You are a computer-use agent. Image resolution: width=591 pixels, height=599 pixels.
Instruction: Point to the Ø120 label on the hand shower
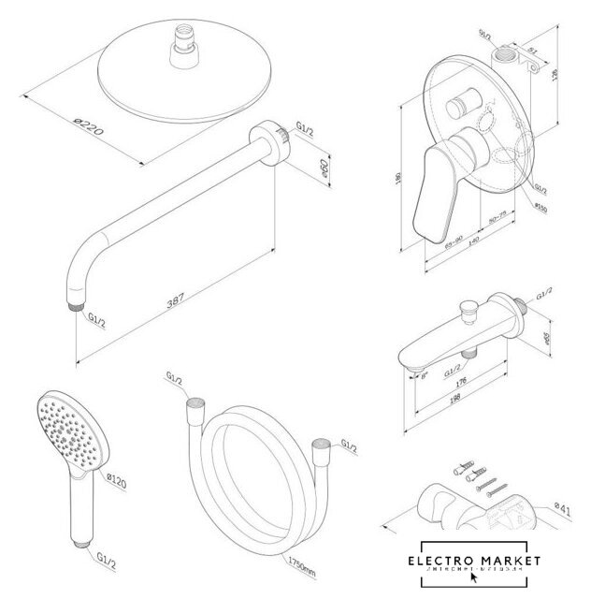tap(118, 482)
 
